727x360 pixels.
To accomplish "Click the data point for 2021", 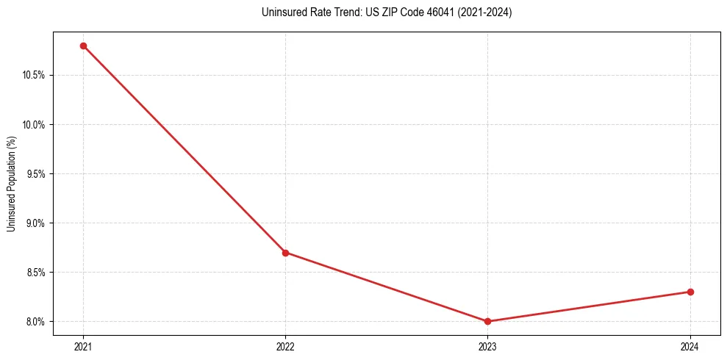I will [x=83, y=46].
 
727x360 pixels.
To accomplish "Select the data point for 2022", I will [x=285, y=253].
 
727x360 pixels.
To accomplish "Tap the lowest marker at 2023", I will [x=487, y=321].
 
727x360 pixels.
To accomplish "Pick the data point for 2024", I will [x=690, y=292].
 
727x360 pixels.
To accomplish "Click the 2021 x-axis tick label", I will [x=83, y=345].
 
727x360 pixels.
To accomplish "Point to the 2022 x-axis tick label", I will [x=285, y=345].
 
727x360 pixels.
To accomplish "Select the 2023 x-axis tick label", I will [x=487, y=345].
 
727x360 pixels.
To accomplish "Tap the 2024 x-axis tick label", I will [x=690, y=345].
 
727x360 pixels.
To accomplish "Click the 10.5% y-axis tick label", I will [x=34, y=75].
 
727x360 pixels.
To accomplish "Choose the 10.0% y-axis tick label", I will [x=34, y=124].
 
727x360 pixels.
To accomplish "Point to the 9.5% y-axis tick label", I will [x=35, y=173].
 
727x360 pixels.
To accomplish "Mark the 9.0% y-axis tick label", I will [x=35, y=223].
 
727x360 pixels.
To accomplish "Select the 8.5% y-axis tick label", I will [x=35, y=272].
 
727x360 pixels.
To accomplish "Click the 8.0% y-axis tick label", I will [x=35, y=321].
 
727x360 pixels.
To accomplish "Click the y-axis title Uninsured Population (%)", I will [x=11, y=183].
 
